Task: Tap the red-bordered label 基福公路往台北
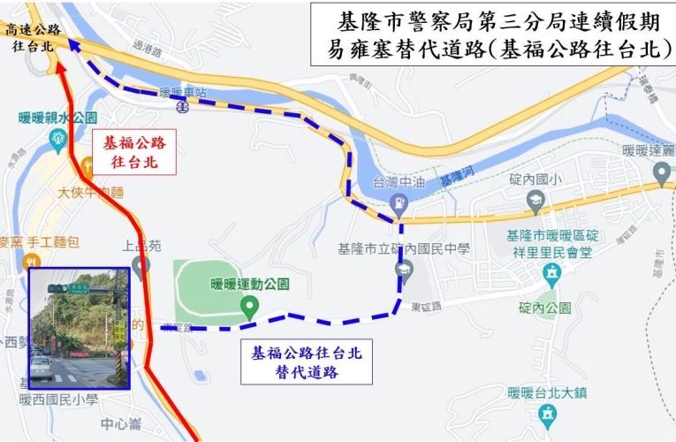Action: tap(134, 151)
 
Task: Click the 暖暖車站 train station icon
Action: tap(182, 106)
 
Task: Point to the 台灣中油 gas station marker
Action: tap(399, 205)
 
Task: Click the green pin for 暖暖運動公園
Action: tap(250, 309)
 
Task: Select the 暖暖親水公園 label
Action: tap(57, 117)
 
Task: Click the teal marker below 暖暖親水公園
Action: tap(58, 137)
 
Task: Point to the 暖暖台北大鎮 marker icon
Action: tap(548, 412)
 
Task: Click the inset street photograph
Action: tap(80, 329)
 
